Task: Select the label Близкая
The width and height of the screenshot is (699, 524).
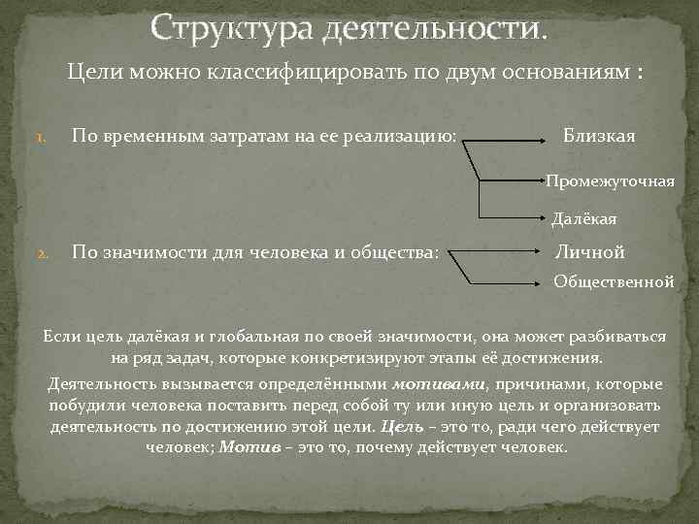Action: pos(599,136)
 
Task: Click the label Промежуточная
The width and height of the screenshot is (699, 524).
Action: pos(610,181)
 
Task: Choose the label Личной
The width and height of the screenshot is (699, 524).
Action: pos(589,252)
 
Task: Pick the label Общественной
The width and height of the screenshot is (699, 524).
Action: pos(614,281)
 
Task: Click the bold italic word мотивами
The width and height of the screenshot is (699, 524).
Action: pos(430,383)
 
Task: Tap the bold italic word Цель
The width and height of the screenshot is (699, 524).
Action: pos(400,426)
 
